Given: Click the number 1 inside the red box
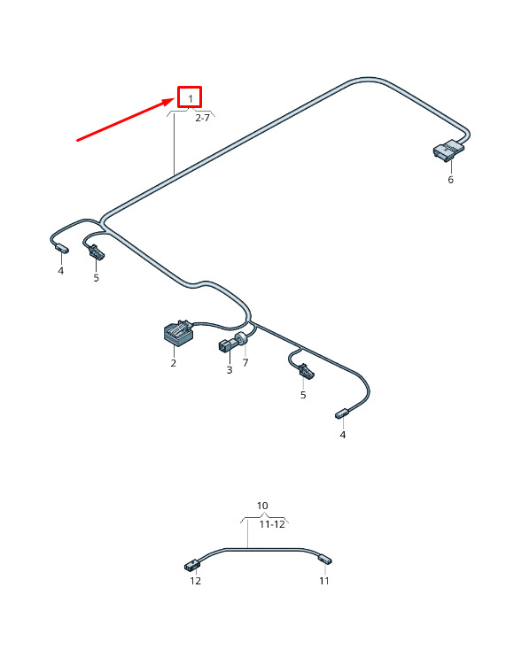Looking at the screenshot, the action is tap(191, 99).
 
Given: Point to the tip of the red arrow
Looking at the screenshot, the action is tap(175, 99).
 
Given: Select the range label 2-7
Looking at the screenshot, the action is tap(202, 118).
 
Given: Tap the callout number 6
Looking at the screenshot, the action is tap(451, 180).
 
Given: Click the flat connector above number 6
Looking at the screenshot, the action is tap(448, 150).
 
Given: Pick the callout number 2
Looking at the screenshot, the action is tap(174, 363).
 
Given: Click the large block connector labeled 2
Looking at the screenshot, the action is tap(178, 333).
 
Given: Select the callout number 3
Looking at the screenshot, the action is tap(230, 370).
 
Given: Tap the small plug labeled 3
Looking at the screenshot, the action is tap(227, 344).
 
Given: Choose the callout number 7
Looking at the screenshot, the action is tap(245, 362).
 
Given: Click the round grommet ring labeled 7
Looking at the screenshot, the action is tap(242, 338).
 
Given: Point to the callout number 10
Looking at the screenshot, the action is tap(262, 506).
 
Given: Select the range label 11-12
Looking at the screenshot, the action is tap(272, 524).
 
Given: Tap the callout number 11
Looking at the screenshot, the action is tap(324, 581).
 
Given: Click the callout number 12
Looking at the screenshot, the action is tap(195, 581).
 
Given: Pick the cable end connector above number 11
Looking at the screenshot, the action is tap(325, 560).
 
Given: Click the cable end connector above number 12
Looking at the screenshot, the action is tap(191, 566).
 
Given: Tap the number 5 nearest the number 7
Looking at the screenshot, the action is tap(303, 395).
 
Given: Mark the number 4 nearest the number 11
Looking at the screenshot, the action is tap(343, 435).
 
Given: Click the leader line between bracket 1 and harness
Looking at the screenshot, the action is tap(175, 143).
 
